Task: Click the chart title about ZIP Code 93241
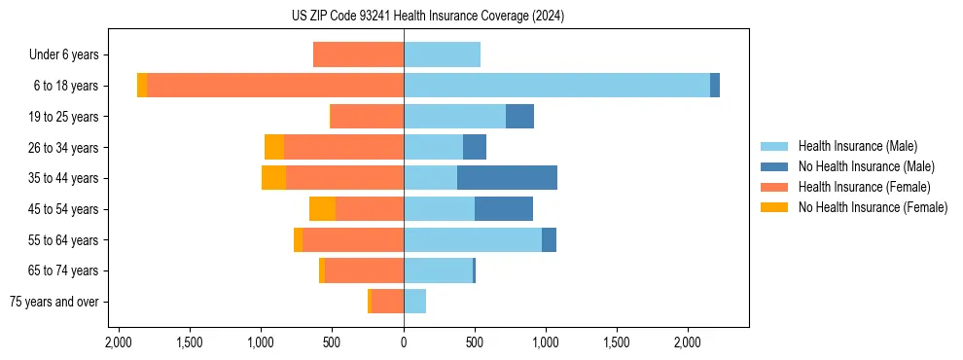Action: [x=427, y=17]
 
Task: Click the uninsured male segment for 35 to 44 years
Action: [x=507, y=178]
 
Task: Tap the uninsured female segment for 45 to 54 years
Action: [x=322, y=209]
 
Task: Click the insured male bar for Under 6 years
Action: [x=442, y=54]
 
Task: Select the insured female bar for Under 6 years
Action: [x=358, y=54]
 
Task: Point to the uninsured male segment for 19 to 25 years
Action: [x=519, y=117]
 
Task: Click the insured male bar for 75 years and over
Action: [x=414, y=302]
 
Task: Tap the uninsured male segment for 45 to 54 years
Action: [x=504, y=209]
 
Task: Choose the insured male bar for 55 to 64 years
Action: [x=473, y=240]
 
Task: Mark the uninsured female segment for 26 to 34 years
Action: [x=274, y=147]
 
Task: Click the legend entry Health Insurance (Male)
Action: [x=857, y=146]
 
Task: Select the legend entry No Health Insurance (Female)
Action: [x=873, y=207]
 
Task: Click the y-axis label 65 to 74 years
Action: [x=65, y=270]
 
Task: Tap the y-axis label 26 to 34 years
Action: [x=65, y=147]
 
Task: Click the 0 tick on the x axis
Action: [x=404, y=342]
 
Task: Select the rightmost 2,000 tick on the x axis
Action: [x=688, y=342]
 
